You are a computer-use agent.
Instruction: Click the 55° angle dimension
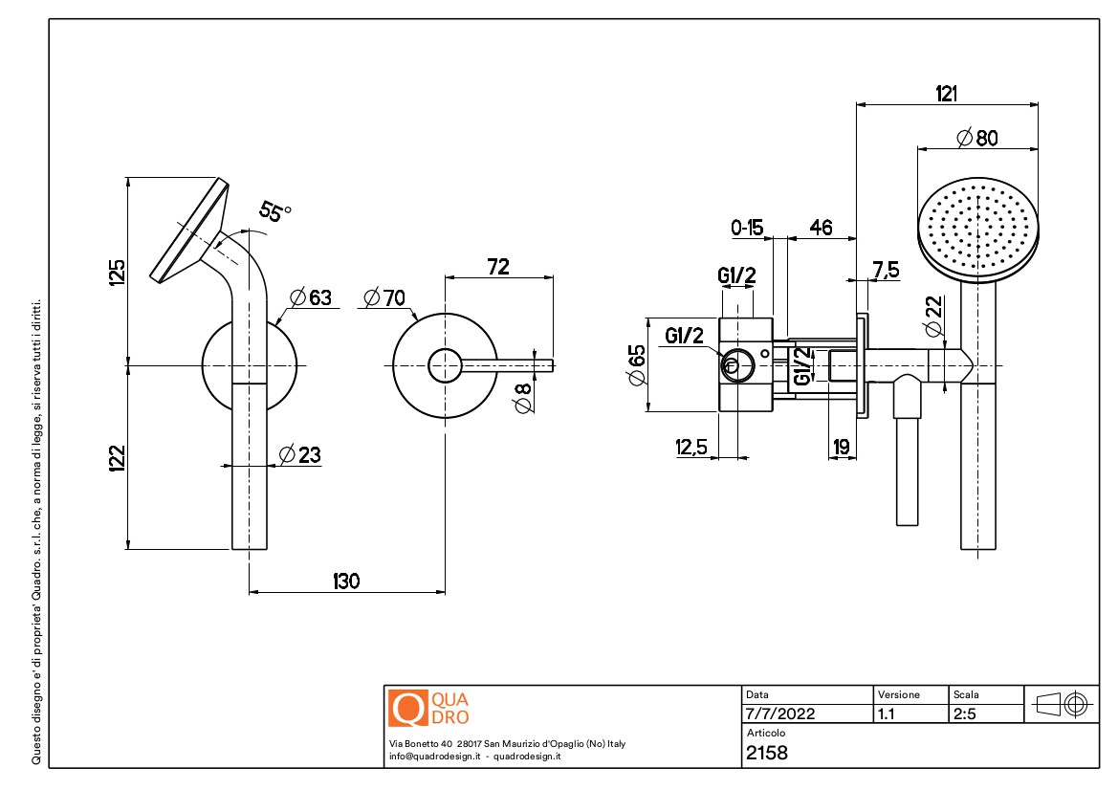click(274, 212)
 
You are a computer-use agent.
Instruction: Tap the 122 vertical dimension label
click(118, 457)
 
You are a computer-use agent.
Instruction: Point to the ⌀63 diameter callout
click(307, 297)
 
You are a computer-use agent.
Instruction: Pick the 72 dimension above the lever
click(498, 267)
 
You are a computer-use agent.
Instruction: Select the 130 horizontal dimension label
click(346, 581)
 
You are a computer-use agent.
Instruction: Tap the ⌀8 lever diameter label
click(522, 396)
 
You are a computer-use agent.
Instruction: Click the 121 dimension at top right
click(947, 93)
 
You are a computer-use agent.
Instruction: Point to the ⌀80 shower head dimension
click(976, 137)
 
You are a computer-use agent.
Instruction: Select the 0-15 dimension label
click(747, 228)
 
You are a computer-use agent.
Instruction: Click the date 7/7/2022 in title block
click(779, 713)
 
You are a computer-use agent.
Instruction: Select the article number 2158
click(767, 753)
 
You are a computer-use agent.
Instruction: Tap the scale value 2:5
click(964, 713)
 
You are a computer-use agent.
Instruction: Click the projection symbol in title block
click(1063, 705)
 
